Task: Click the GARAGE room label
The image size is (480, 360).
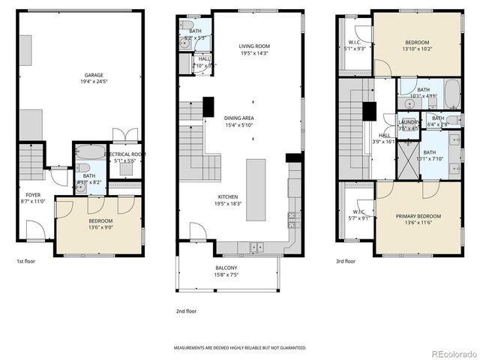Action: tap(93, 75)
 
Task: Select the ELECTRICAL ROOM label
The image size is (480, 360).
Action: tap(124, 154)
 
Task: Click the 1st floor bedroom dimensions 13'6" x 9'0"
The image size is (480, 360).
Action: tap(100, 228)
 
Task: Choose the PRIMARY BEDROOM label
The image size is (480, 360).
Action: tap(418, 217)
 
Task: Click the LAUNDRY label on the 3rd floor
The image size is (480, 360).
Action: tap(409, 121)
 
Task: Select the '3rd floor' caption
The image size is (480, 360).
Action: tap(346, 261)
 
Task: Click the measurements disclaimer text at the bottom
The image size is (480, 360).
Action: tap(240, 348)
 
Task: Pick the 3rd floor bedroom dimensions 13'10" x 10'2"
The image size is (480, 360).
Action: tap(418, 49)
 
